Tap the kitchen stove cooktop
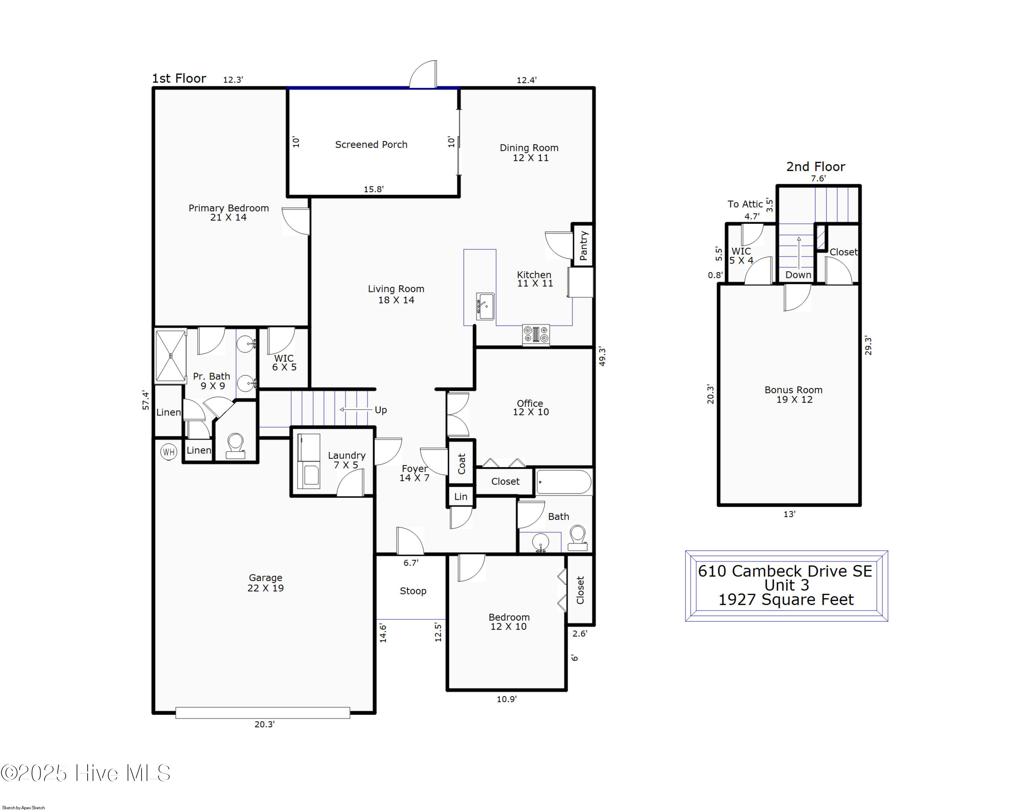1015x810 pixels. [536, 335]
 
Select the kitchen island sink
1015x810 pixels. [485, 307]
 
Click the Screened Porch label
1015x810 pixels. [371, 145]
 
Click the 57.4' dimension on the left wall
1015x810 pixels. [146, 400]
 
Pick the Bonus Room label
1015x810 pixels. [793, 395]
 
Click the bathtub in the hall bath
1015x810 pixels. [564, 482]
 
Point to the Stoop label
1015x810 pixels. [413, 591]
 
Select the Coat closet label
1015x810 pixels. [461, 463]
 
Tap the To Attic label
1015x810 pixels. [745, 204]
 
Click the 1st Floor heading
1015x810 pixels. [179, 78]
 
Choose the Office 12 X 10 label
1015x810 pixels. [531, 407]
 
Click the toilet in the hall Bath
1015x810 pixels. [578, 538]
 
